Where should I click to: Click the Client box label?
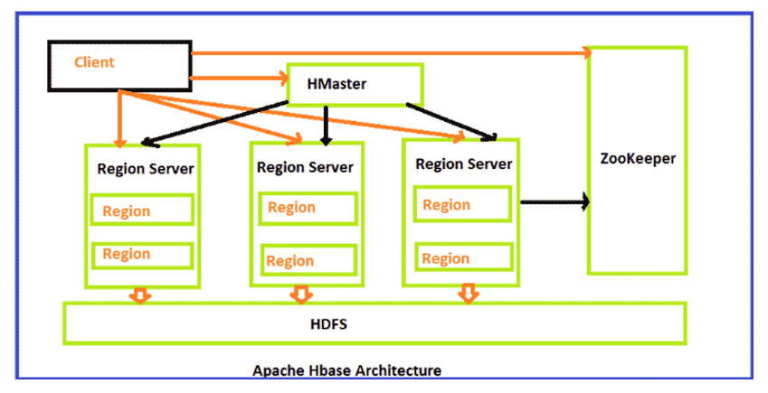[95, 62]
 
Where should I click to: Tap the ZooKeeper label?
[637, 158]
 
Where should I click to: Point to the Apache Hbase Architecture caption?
[346, 370]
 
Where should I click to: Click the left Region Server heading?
[145, 168]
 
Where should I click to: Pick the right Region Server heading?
[463, 164]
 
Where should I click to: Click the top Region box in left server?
[142, 211]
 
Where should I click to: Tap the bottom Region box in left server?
[142, 255]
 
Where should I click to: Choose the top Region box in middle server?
[307, 208]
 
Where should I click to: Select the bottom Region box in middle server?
[307, 261]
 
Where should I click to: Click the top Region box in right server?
[463, 205]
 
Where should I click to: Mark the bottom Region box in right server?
[463, 258]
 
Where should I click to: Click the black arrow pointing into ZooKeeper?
[555, 201]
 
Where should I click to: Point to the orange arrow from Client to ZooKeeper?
[389, 52]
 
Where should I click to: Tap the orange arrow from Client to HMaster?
[240, 78]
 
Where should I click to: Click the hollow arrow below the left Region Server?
[139, 295]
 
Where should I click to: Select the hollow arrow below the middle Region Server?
[302, 295]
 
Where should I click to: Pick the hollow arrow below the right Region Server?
[468, 293]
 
